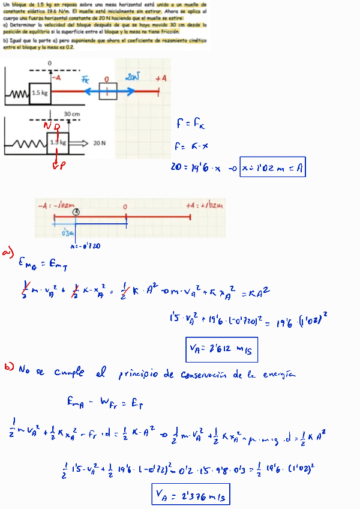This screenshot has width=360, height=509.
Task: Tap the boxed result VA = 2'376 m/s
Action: [x=191, y=495]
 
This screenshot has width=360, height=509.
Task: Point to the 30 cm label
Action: [x=72, y=113]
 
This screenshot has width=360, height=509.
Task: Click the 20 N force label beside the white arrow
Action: [x=99, y=143]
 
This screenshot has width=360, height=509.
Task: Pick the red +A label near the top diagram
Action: [x=160, y=79]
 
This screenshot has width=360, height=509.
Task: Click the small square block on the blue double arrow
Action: [x=108, y=92]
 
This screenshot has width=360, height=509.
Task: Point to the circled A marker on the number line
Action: [x=76, y=212]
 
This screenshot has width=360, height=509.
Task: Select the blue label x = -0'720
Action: [x=85, y=246]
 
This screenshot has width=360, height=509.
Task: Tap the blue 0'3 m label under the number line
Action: [x=68, y=233]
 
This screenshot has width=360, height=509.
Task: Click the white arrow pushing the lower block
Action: [x=80, y=143]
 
